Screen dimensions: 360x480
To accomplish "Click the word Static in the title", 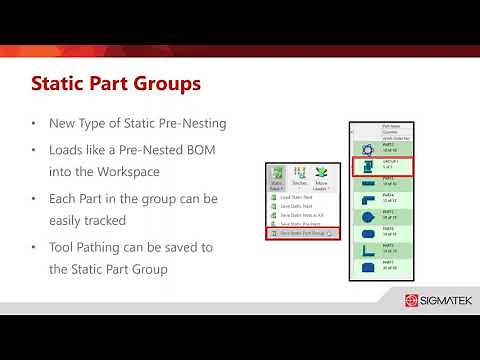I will (66, 82).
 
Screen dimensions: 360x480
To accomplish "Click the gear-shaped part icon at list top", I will (365, 145).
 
